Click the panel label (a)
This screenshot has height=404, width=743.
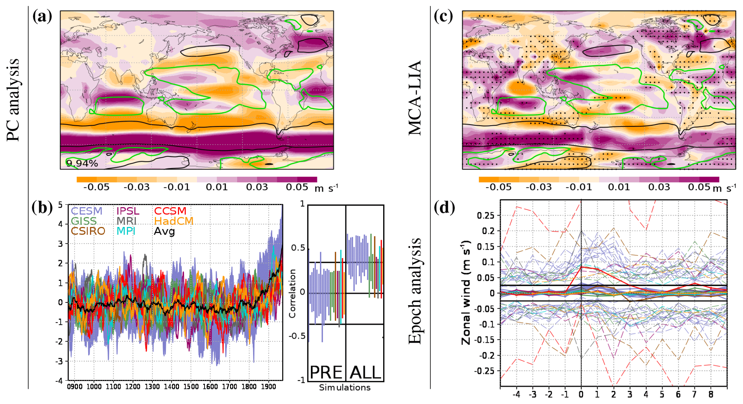click(x=42, y=17)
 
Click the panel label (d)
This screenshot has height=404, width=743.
click(x=444, y=207)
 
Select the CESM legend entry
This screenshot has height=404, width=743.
click(x=87, y=211)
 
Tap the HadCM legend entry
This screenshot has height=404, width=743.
click(x=174, y=221)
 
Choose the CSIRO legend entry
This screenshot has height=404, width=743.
click(x=88, y=231)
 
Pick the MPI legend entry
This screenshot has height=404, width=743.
click(x=126, y=231)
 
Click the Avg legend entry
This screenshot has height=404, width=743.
click(x=164, y=231)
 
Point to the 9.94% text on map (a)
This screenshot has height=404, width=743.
click(x=82, y=163)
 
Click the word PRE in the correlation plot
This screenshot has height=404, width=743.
click(x=326, y=372)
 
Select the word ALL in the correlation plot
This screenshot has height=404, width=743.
click(x=365, y=372)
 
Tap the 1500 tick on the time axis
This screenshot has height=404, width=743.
click(x=191, y=387)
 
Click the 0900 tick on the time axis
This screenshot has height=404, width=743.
click(x=75, y=387)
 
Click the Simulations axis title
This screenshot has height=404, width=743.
click(x=345, y=388)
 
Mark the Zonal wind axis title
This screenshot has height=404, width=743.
click(x=466, y=293)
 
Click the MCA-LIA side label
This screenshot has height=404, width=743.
click(x=415, y=98)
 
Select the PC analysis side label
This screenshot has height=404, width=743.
click(x=13, y=99)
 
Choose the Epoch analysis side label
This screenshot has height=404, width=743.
click(x=415, y=291)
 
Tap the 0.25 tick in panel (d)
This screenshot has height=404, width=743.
click(x=486, y=215)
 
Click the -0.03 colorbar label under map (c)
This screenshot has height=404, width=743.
click(x=538, y=187)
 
